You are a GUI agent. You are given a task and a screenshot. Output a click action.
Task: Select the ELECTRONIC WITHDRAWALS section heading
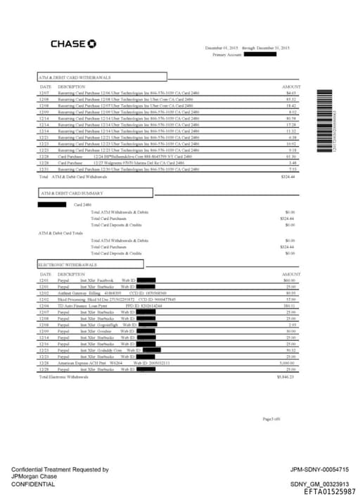pos(67,264)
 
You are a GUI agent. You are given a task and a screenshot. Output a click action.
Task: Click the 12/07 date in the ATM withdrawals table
pos(44,93)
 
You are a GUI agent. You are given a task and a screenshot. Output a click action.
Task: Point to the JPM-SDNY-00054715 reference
pos(319,469)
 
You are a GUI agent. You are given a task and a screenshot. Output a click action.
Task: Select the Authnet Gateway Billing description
pos(85,292)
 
